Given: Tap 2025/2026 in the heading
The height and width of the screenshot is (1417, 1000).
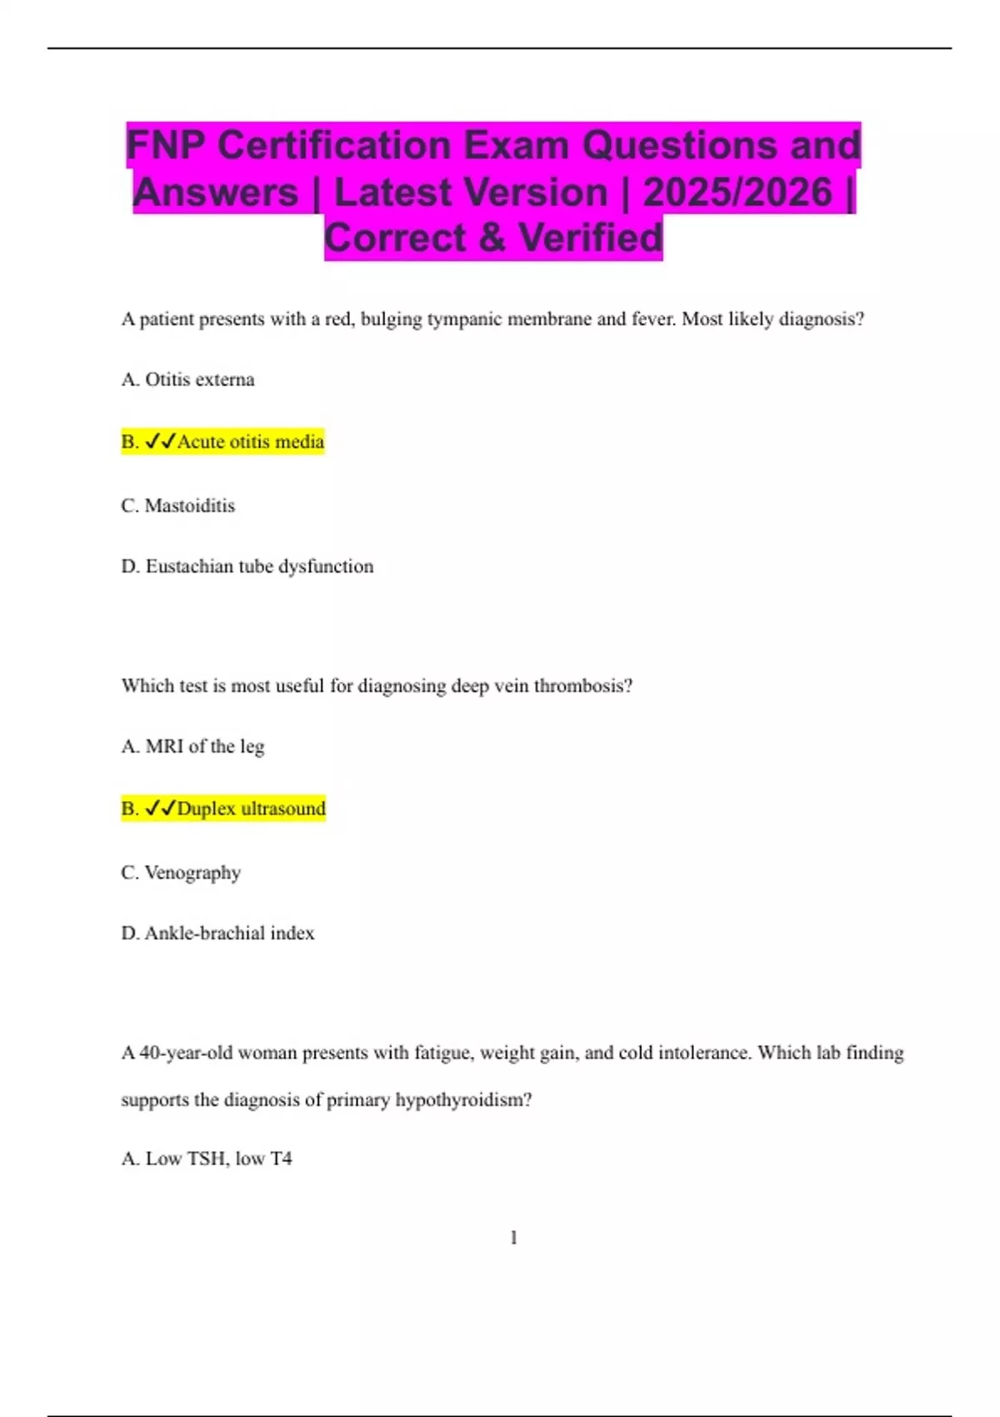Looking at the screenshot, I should pyautogui.click(x=737, y=192).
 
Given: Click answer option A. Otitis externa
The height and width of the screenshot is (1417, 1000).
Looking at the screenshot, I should pyautogui.click(x=188, y=380).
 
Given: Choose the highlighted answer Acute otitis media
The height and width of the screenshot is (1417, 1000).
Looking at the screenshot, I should pyautogui.click(x=250, y=442).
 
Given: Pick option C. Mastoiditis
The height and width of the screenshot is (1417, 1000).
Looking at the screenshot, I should pyautogui.click(x=178, y=506).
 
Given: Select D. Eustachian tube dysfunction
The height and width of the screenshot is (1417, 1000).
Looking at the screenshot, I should pyautogui.click(x=247, y=567).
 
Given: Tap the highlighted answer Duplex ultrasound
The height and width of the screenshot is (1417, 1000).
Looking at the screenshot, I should pyautogui.click(x=251, y=809).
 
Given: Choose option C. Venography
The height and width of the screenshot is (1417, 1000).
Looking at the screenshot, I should pyautogui.click(x=181, y=873).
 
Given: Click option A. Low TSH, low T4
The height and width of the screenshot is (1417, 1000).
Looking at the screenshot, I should pyautogui.click(x=207, y=1159).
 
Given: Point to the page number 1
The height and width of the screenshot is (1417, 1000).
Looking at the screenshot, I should pyautogui.click(x=513, y=1238).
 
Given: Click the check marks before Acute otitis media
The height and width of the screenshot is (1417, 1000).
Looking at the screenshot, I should pyautogui.click(x=160, y=442).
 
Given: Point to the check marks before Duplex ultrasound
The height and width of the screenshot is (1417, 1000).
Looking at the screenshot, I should pyautogui.click(x=160, y=809).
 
